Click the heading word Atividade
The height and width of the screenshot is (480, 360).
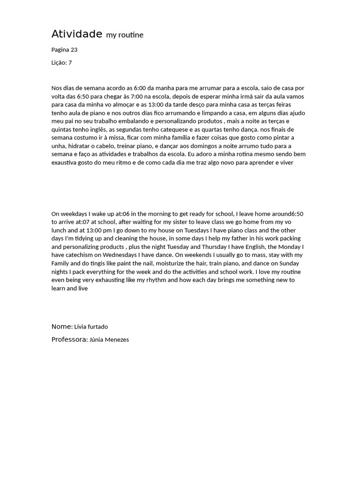(76, 34)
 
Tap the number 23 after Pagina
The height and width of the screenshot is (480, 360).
(74, 50)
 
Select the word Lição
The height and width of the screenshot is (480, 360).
(59, 63)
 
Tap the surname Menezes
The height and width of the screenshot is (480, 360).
(117, 340)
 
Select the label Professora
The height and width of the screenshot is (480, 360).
(69, 340)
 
